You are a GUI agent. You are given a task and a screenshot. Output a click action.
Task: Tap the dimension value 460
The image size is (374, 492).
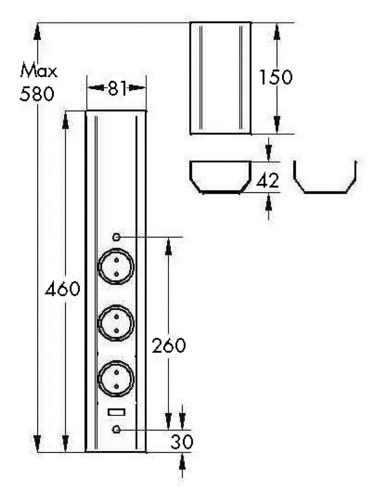(62, 289)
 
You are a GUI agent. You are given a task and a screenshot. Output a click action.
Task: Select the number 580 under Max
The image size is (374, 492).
(37, 93)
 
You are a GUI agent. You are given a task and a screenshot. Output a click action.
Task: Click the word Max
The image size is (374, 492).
(39, 71)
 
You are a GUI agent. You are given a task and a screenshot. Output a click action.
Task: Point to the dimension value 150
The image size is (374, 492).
(276, 77)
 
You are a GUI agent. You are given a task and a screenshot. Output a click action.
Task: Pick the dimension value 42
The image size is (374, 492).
(267, 181)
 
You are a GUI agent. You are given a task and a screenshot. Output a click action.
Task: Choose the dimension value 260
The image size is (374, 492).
(169, 346)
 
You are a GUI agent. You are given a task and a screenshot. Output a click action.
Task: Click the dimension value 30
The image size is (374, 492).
(182, 442)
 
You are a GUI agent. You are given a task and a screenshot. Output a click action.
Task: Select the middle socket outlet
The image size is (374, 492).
(116, 323)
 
